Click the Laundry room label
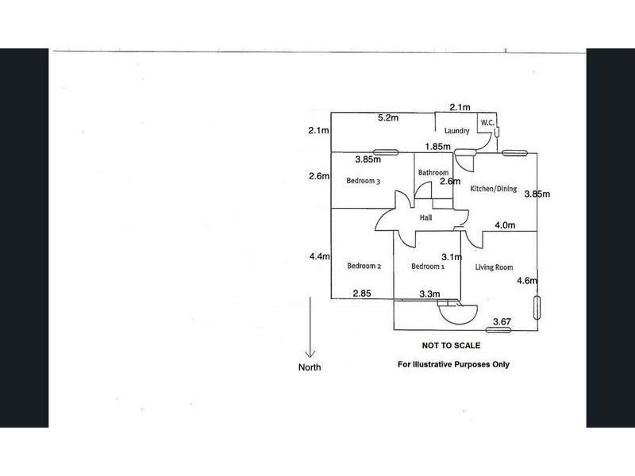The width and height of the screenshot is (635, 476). [456, 130]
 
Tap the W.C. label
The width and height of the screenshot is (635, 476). [487, 123]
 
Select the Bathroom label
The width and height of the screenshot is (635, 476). [433, 172]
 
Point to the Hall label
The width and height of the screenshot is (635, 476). [425, 217]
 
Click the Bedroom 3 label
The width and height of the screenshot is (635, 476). [364, 181]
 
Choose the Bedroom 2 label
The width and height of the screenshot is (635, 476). [364, 266]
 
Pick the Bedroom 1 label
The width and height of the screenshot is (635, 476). [428, 267]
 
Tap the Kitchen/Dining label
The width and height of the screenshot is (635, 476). [493, 189]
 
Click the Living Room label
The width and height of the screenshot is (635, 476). [494, 267]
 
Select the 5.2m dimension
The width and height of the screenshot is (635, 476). [388, 117]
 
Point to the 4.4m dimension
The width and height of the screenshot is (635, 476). [320, 256]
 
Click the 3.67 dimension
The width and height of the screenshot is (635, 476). [502, 322]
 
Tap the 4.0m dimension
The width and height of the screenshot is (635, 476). [505, 225]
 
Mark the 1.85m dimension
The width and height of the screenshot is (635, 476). [438, 147]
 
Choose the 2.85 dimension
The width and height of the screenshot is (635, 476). [362, 294]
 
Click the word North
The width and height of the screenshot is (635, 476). [310, 367]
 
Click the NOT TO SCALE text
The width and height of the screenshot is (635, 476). [451, 346]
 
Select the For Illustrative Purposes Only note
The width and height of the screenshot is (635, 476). [453, 364]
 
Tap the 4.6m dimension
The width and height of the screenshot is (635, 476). [527, 281]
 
